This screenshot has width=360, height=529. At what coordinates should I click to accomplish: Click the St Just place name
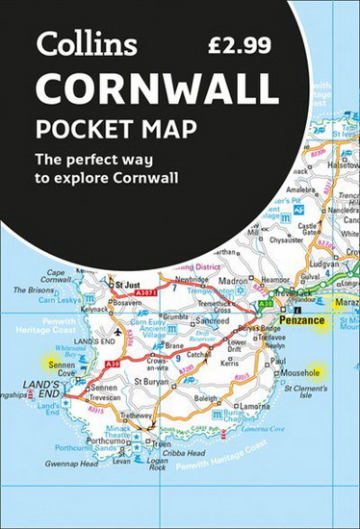point(127,285)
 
